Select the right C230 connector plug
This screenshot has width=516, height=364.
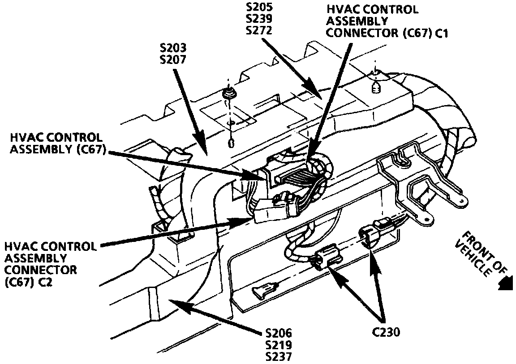[x=370, y=235]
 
